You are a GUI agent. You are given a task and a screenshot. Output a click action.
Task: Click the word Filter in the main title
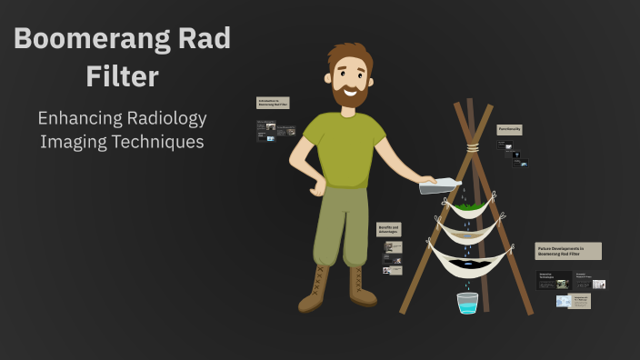122,76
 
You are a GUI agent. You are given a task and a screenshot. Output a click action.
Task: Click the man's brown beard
350,95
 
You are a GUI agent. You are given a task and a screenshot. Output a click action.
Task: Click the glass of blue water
467,303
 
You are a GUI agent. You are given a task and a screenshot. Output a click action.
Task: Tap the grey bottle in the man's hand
439,185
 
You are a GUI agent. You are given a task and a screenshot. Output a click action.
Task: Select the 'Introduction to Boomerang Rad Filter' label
273,103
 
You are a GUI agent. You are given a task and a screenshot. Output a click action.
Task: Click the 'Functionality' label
509,130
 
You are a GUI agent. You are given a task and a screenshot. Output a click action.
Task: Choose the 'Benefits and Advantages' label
389,229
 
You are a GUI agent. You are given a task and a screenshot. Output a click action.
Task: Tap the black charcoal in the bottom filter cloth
471,264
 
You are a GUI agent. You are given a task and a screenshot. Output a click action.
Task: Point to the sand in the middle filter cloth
469,234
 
